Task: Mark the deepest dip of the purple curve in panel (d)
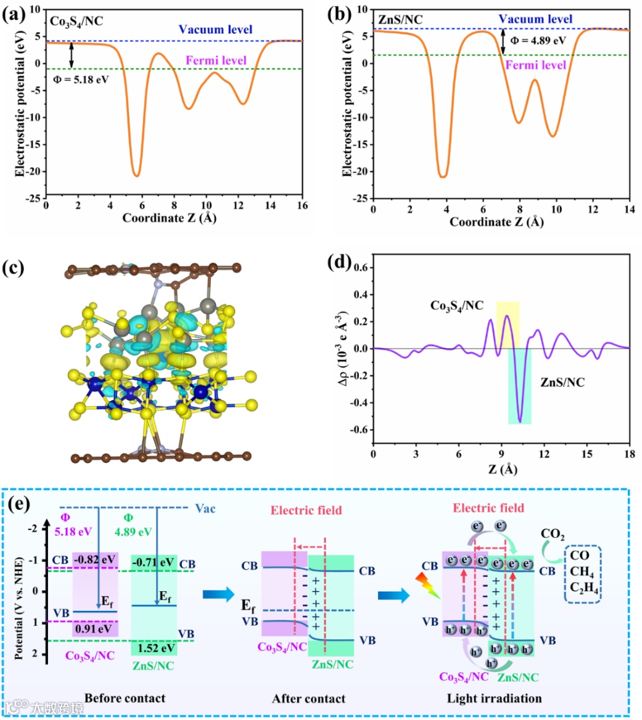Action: pos(520,422)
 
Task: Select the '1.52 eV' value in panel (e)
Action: pos(154,648)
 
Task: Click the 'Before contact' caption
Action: pos(125,698)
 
